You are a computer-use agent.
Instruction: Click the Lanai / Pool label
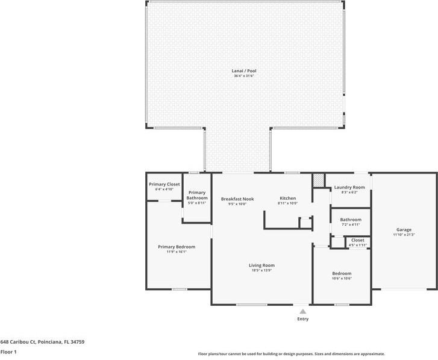tap(245, 71)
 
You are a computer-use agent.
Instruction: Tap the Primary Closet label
tap(164, 184)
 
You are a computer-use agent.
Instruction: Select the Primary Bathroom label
tap(196, 195)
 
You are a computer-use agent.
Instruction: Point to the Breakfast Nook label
tap(237, 199)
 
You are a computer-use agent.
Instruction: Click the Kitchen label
tap(287, 199)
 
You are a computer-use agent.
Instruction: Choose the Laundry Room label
tap(349, 187)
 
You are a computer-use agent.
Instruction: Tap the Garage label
tap(404, 229)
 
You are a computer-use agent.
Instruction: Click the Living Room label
tap(261, 265)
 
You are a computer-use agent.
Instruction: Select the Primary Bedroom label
tap(177, 246)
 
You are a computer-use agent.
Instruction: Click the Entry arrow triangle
tap(302, 311)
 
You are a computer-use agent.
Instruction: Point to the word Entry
tap(302, 319)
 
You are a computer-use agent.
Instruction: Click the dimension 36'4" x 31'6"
tap(245, 76)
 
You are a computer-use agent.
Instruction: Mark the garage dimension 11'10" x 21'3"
tap(404, 235)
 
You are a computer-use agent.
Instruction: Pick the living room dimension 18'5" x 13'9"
tap(261, 271)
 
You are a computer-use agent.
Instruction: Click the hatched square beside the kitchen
tap(318, 180)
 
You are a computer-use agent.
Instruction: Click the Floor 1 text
tap(8, 352)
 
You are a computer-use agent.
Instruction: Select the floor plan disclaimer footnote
tap(291, 354)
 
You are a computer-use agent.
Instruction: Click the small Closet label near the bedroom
tap(357, 240)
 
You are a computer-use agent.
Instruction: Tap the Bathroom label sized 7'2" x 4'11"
tap(351, 220)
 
